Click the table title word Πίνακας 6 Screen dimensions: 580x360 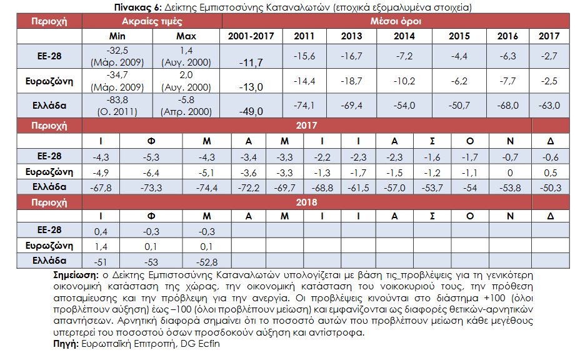138,7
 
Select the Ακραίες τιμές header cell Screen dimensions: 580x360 152,21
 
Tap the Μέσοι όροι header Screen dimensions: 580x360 396,21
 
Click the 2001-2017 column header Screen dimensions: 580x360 251,36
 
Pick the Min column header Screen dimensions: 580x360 117,36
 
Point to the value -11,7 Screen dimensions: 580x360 251,62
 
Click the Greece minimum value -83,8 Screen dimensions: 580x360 117,100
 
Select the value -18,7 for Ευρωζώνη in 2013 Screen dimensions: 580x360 351,81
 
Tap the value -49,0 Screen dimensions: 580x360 251,111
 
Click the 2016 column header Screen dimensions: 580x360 507,36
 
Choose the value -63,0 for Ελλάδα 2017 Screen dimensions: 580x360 549,106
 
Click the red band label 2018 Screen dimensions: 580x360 306,202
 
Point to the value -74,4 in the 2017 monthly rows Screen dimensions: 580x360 206,188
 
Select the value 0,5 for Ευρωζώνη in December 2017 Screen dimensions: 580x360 551,172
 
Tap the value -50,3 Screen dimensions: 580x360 551,188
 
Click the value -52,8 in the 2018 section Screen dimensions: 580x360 206,262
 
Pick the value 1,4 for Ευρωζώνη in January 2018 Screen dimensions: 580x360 101,247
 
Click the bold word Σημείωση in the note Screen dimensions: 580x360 76,275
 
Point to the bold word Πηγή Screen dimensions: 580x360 66,344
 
